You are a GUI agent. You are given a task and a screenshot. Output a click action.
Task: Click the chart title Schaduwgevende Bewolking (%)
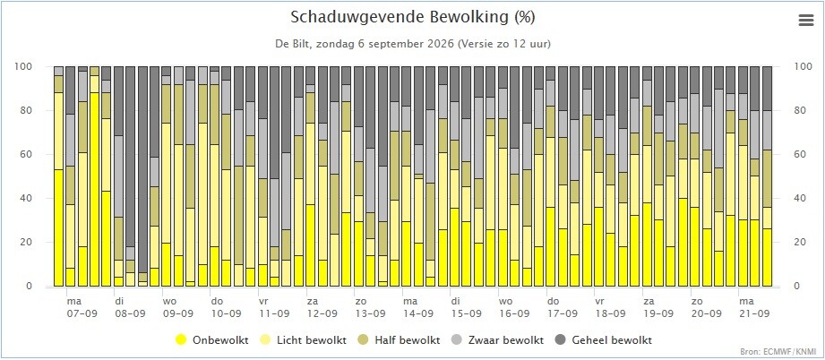(412, 17)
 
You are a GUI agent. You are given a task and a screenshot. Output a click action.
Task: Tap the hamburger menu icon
(805, 21)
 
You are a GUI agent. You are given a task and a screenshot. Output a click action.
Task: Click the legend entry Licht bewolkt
(304, 340)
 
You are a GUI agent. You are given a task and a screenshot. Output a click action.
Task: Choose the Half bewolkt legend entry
(400, 340)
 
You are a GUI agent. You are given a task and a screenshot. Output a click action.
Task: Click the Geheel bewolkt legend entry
(603, 340)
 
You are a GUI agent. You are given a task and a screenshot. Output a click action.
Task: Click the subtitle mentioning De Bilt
(412, 44)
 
